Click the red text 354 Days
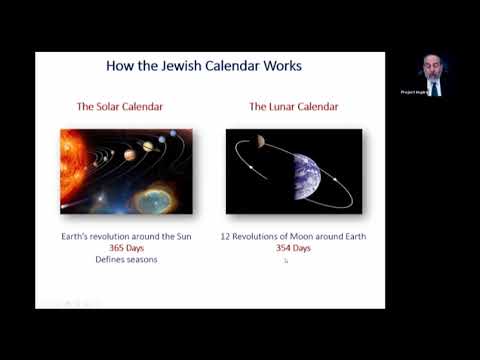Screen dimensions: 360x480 293,250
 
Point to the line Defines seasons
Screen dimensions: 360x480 125,261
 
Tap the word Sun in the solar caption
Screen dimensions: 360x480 177,239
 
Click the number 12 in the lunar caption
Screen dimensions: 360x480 225,239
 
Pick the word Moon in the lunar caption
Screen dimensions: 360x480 300,239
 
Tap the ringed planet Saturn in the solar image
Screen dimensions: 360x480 148,146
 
